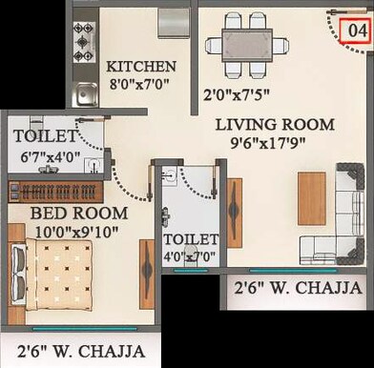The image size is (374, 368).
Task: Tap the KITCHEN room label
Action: pyautogui.click(x=141, y=67)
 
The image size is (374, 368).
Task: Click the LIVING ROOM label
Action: pyautogui.click(x=274, y=124)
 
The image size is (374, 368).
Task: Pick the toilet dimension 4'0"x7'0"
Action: pyautogui.click(x=191, y=256)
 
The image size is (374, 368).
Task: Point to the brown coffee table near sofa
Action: pyautogui.click(x=312, y=198)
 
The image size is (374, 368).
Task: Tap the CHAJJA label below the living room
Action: pyautogui.click(x=297, y=287)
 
